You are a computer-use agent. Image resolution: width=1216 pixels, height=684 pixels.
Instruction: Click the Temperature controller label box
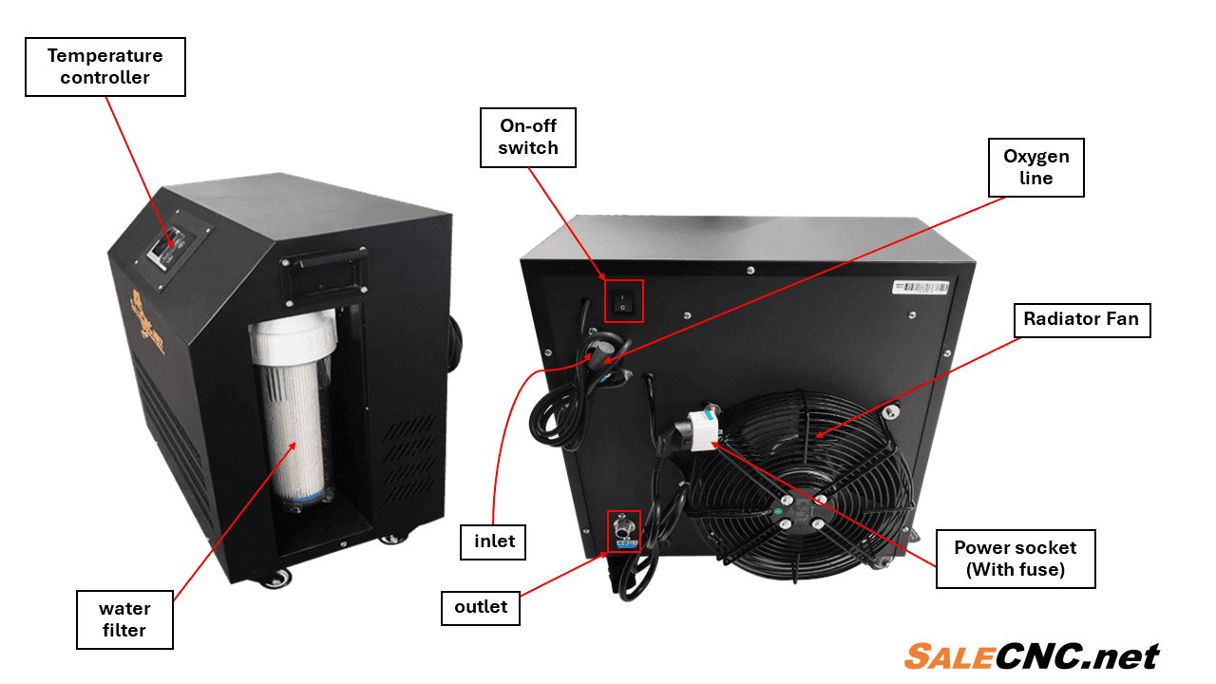[105, 66]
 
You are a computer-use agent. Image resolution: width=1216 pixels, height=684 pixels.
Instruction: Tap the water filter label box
[124, 619]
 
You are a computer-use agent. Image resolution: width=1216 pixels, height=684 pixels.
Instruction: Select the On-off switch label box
[527, 138]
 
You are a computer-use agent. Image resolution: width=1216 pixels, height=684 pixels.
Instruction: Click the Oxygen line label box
[1035, 167]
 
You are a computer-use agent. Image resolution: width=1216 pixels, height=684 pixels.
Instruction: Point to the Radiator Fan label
[1082, 320]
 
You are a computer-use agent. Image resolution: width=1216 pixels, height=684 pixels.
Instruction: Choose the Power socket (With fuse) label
[1016, 559]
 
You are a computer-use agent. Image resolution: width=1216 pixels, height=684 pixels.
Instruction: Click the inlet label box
[493, 541]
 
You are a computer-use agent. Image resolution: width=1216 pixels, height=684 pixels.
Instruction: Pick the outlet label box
[481, 607]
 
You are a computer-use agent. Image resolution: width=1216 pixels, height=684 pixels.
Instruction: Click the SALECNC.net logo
[1032, 656]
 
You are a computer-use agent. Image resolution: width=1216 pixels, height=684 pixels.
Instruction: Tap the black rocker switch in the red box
[622, 302]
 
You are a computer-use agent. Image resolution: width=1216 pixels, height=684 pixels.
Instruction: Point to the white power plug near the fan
[703, 430]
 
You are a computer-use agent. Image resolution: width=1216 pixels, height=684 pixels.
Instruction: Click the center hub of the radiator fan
[803, 511]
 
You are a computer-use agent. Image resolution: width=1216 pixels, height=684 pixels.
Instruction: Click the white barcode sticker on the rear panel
[921, 287]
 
